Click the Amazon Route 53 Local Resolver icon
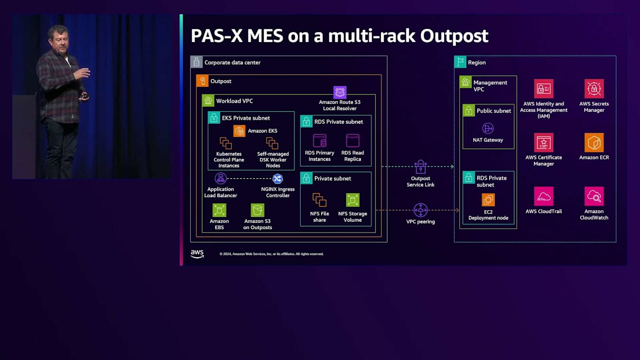pyautogui.click(x=340, y=92)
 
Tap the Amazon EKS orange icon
pyautogui.click(x=239, y=131)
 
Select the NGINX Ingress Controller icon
pyautogui.click(x=277, y=179)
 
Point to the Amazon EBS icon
pyautogui.click(x=219, y=210)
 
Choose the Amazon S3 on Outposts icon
pyautogui.click(x=258, y=210)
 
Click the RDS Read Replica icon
pyautogui.click(x=353, y=141)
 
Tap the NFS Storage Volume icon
pyautogui.click(x=353, y=200)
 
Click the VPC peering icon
pyautogui.click(x=421, y=210)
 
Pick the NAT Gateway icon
pyautogui.click(x=487, y=129)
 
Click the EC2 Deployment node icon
pyautogui.click(x=488, y=199)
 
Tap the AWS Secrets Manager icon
pyautogui.click(x=594, y=89)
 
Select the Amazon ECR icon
pyautogui.click(x=594, y=142)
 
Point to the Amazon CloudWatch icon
pyautogui.click(x=594, y=196)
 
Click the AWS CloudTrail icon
pyautogui.click(x=543, y=196)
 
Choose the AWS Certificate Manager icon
pyautogui.click(x=543, y=142)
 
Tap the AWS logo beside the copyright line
pyautogui.click(x=197, y=254)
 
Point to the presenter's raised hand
pyautogui.click(x=83, y=73)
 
